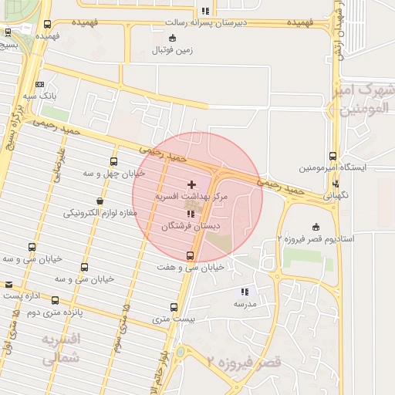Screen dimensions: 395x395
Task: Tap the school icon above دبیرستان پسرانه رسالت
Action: pos(204,11)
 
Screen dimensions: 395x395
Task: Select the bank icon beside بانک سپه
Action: pos(39,85)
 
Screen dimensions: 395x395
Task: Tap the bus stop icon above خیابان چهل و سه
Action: pos(114,162)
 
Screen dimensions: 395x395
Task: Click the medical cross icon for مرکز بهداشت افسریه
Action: pos(191,185)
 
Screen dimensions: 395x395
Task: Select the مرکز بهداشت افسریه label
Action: pos(192,197)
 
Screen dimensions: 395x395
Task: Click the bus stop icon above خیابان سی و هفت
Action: pos(191,256)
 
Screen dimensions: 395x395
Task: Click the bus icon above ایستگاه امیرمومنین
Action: pos(333,156)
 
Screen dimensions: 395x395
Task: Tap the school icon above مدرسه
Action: pos(245,292)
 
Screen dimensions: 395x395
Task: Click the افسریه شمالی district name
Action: pos(60,349)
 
